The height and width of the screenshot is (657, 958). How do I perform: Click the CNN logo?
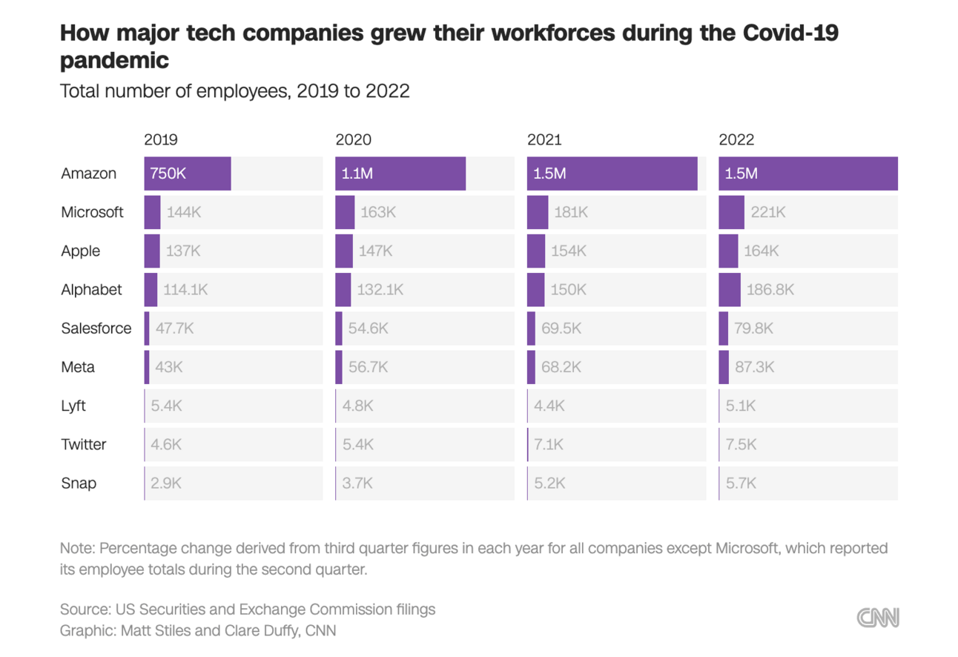pos(878,618)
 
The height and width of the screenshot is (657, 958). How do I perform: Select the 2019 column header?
pos(161,139)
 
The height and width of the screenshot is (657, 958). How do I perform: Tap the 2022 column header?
pos(736,139)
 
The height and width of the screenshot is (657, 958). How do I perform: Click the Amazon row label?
pos(89,174)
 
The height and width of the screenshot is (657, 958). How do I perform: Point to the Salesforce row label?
pos(96,328)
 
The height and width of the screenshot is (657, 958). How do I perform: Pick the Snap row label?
pos(79,483)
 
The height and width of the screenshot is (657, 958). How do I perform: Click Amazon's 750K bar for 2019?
pos(188,174)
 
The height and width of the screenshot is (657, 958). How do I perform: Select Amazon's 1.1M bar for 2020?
pos(400,174)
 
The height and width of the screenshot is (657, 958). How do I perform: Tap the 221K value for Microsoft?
pos(767,213)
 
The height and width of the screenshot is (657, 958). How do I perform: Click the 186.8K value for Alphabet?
pos(770,290)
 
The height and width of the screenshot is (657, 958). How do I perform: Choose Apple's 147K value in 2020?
pos(375,251)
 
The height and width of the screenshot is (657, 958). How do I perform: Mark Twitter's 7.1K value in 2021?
pos(548,445)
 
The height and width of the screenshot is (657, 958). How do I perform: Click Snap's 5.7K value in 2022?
pos(741,483)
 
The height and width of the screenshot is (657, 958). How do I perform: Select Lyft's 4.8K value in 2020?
pos(357,406)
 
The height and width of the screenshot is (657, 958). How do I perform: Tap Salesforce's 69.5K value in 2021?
pos(561,328)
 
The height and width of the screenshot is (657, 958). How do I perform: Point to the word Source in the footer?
pos(84,610)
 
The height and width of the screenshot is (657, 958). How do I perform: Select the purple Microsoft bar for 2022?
pos(731,213)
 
